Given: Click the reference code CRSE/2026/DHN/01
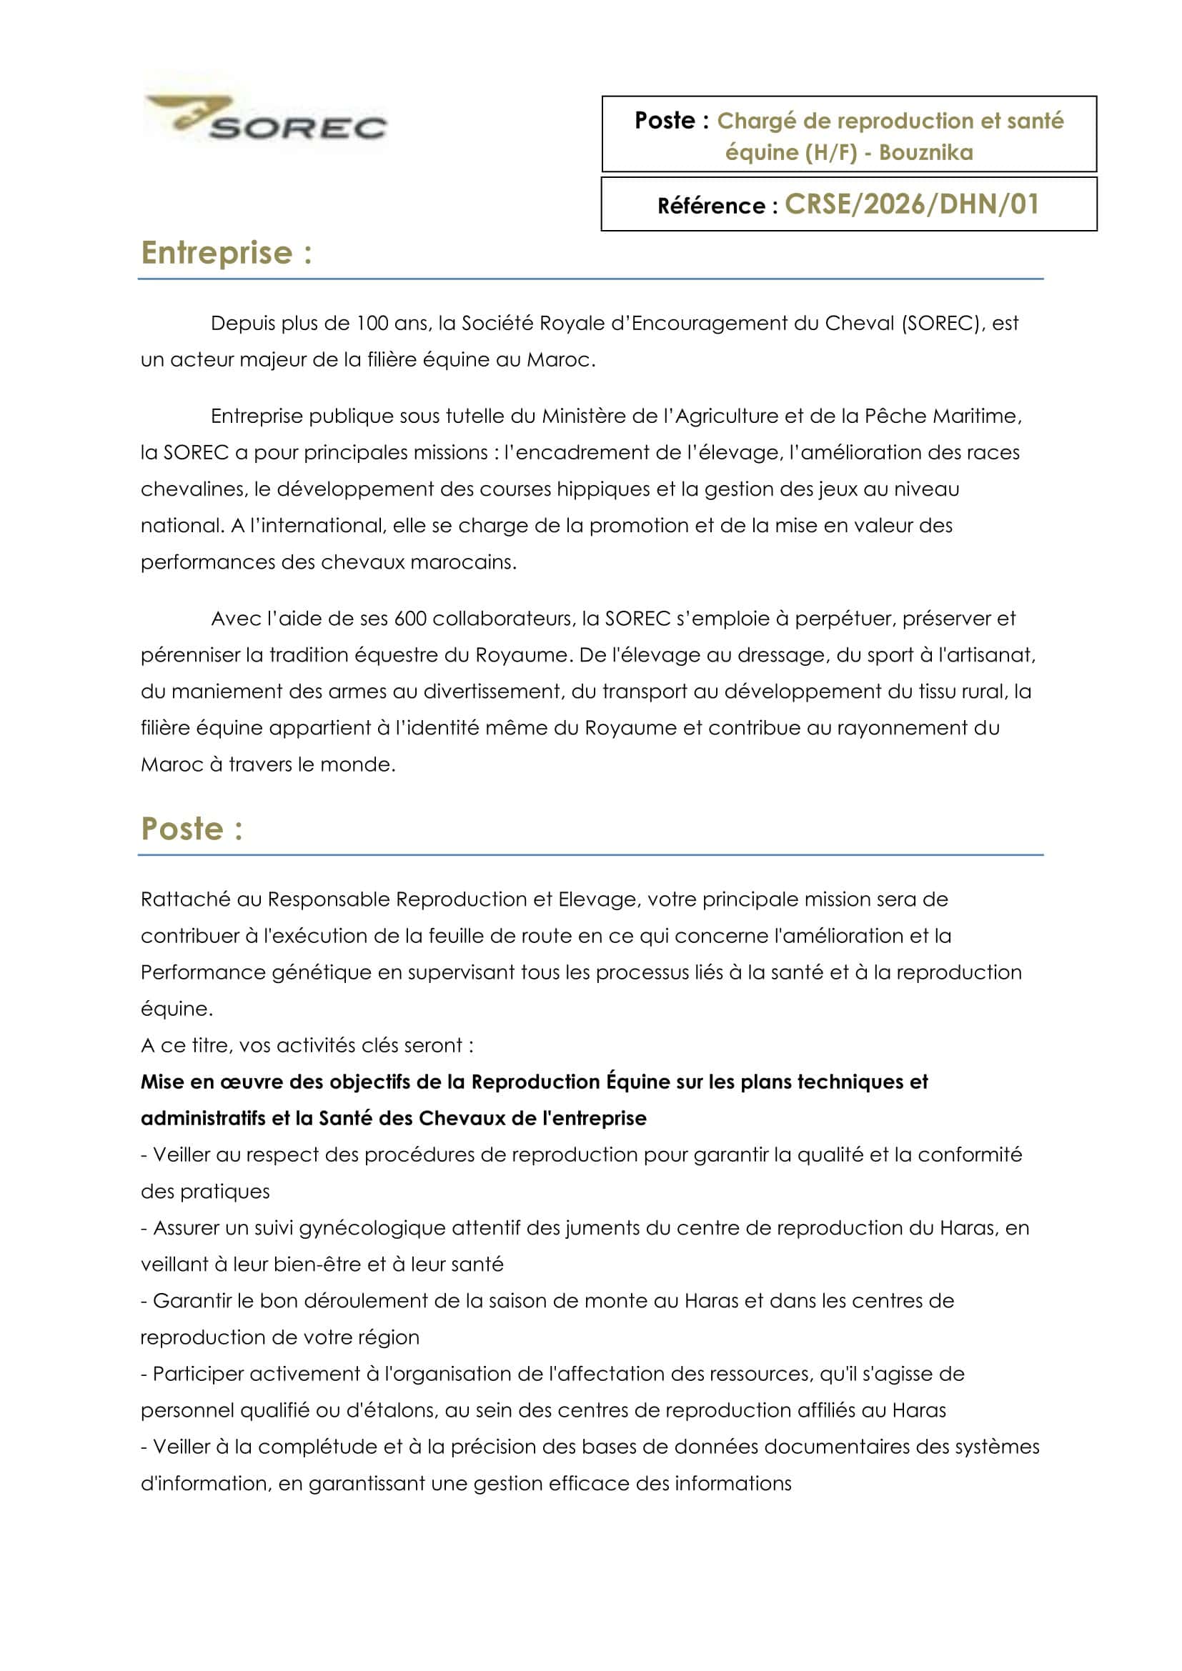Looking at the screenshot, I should [x=912, y=204].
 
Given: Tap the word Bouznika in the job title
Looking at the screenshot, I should [x=925, y=152].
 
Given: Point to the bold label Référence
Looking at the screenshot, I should [x=710, y=206].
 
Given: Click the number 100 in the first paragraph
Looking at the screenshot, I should [x=372, y=323].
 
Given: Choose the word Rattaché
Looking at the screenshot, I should [x=186, y=899].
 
